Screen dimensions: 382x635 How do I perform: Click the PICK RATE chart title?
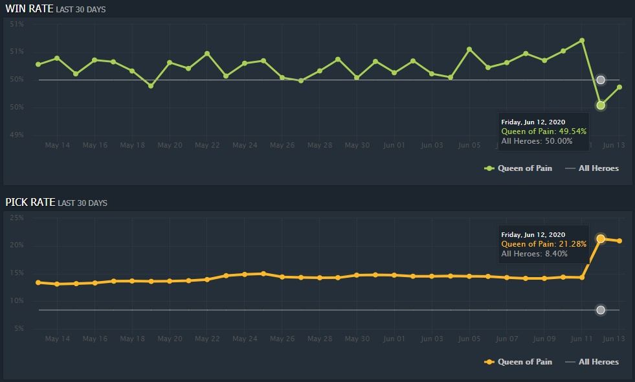(x=29, y=202)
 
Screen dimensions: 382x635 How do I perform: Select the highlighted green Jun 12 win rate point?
(x=601, y=105)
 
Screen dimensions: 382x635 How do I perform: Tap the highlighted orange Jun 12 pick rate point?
(x=601, y=239)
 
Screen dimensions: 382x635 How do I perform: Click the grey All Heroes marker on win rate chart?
(x=601, y=80)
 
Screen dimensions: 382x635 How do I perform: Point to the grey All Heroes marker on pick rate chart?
(x=601, y=310)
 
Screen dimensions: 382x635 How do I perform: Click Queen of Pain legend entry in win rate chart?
(x=519, y=168)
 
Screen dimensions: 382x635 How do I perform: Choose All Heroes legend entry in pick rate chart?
(x=592, y=362)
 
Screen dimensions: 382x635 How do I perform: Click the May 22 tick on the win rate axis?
(x=207, y=145)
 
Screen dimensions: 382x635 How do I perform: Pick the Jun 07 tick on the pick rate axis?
(x=506, y=339)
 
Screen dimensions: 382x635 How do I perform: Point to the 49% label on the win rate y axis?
(x=16, y=135)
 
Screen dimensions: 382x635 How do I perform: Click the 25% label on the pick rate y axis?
(x=16, y=218)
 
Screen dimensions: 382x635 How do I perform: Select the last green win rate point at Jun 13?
(x=619, y=87)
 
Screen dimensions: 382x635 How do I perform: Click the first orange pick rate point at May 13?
(x=38, y=282)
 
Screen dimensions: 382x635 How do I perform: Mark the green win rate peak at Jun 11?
(x=582, y=41)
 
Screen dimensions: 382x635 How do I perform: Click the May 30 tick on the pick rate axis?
(x=357, y=339)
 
